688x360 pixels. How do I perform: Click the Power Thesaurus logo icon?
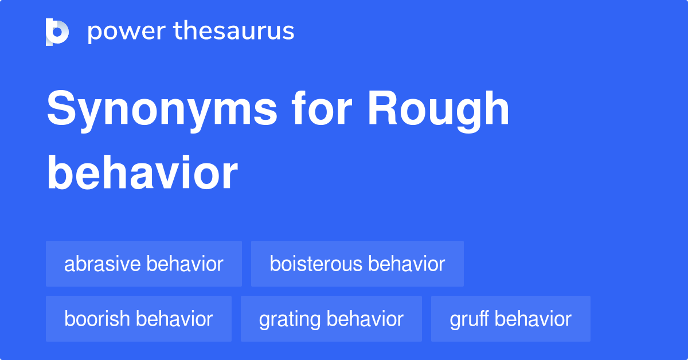57,32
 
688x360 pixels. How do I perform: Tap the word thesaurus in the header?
234,32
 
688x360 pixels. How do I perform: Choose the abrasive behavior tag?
144,264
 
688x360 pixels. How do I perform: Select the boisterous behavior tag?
357,264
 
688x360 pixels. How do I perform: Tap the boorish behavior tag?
139,319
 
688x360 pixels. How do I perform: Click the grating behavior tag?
331,319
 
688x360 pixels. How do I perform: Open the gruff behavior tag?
511,319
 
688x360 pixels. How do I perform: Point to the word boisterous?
316,264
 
